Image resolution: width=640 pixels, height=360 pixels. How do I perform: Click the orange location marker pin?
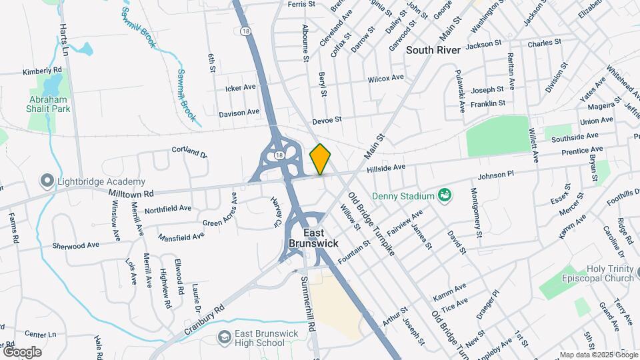(321, 159)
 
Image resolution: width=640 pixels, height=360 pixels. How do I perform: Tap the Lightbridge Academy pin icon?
(47, 181)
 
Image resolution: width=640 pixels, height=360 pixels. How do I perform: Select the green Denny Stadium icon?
(445, 195)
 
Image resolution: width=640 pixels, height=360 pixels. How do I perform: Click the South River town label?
(435, 50)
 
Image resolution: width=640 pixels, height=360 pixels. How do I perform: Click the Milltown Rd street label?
(131, 192)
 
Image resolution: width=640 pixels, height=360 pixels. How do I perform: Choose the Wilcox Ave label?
(386, 79)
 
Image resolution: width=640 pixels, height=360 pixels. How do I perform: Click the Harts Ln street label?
(65, 41)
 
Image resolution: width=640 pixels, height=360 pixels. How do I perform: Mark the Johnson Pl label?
(496, 175)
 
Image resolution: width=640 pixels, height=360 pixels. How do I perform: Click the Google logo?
(22, 352)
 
